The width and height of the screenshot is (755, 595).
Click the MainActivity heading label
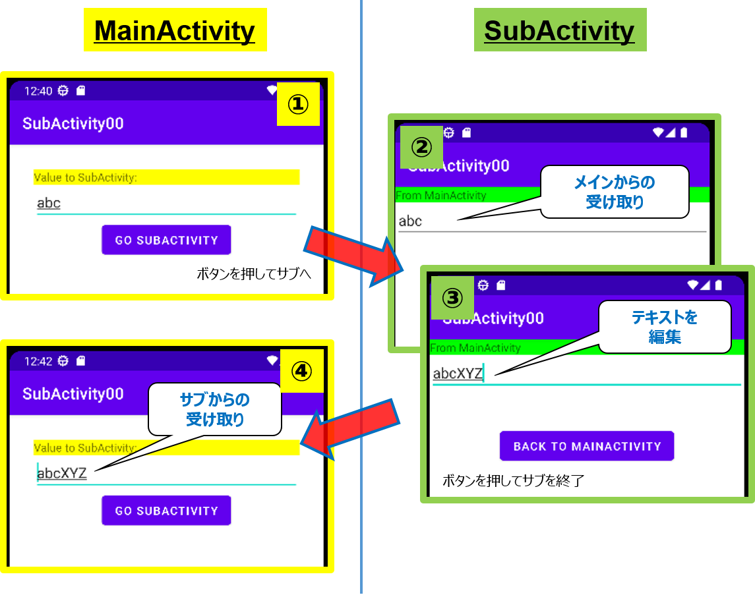175,30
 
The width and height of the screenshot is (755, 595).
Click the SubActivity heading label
559,30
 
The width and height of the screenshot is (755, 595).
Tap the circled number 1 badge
298,104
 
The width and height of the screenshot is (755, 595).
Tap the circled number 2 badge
421,147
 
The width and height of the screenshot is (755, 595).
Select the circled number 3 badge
452,298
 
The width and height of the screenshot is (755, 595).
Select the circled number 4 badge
301,371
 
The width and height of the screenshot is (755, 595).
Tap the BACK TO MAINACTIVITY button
587,446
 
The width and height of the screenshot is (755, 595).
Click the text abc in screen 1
49,203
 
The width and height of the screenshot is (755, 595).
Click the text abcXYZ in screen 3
458,374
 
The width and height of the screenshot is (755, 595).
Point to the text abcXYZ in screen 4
62,472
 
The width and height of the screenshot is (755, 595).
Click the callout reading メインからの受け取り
615,192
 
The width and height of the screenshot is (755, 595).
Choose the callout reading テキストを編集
665,327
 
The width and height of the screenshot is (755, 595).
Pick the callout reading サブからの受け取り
215,409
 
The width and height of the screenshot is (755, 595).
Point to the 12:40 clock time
38,91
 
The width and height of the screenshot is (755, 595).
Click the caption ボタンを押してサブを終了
513,480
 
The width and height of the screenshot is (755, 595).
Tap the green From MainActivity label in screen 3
475,347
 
